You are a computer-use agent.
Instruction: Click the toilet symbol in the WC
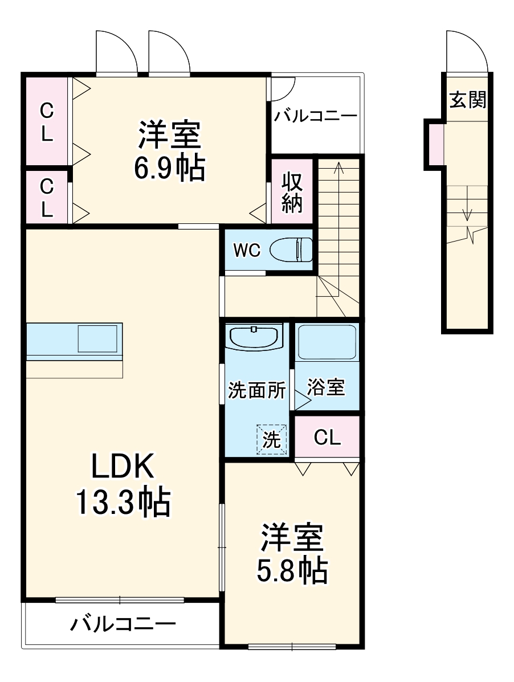coord(291,250)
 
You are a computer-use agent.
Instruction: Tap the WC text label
coord(247,250)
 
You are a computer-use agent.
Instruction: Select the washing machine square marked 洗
coord(271,439)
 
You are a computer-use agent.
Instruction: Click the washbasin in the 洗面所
coord(255,337)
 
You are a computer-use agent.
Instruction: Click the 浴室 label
coord(326,387)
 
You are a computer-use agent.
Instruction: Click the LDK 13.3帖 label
coord(123,484)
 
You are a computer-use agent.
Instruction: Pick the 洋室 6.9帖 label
coord(169,151)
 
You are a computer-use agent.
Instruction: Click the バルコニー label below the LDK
coord(123,624)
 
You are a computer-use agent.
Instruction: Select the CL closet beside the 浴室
coord(327,438)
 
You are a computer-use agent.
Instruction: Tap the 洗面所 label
coord(256,391)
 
